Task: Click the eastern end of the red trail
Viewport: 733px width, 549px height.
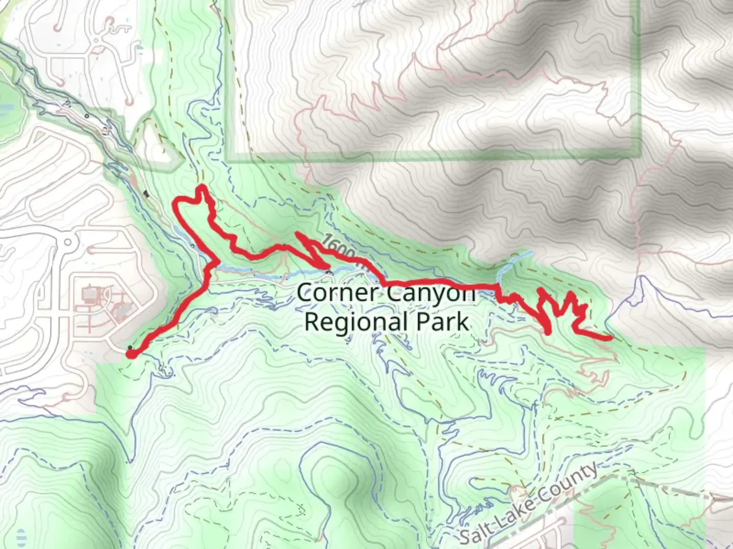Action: [610, 338]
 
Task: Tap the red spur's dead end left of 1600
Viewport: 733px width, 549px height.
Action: [296, 233]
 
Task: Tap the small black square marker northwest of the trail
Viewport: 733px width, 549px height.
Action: [147, 193]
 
